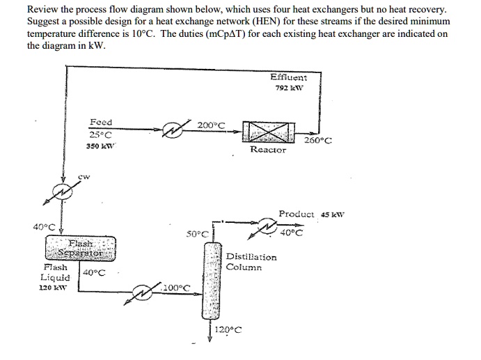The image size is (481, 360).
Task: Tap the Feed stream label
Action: (101, 121)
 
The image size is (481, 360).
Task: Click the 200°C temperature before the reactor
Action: (212, 125)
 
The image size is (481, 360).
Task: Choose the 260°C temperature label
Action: (318, 139)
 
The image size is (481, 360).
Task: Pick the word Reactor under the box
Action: (268, 149)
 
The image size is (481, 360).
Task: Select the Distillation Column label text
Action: (251, 262)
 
